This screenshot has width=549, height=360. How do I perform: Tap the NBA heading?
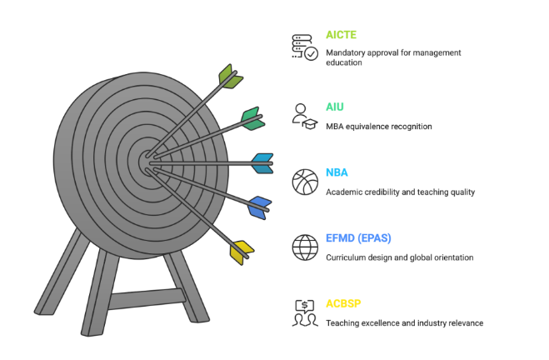pos(337,172)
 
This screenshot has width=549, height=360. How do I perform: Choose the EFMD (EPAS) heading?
pos(356,238)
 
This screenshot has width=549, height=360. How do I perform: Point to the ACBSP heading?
pos(342,303)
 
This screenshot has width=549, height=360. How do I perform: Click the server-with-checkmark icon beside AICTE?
pos(304,47)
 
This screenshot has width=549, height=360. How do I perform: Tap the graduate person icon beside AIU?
pos(304,115)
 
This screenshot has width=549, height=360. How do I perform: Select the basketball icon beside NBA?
pos(305,181)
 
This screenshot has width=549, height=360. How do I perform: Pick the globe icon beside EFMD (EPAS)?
pos(305,247)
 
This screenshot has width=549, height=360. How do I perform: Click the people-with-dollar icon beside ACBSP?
pos(305,312)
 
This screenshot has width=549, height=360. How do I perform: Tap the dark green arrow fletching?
pos(252,118)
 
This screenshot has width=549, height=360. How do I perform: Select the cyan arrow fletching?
pos(262,162)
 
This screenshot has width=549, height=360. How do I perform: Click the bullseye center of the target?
pos(146,156)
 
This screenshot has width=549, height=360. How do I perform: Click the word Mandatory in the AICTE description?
pos(346,52)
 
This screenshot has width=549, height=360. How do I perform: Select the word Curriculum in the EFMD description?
pos(346,257)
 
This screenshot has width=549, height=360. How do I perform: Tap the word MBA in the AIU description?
pos(334,127)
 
